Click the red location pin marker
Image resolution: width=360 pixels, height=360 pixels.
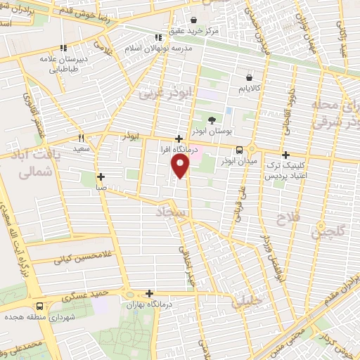[x=181, y=166]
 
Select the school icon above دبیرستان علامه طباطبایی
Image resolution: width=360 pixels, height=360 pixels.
[x=63, y=49]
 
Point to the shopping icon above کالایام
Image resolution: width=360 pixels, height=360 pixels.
[x=249, y=77]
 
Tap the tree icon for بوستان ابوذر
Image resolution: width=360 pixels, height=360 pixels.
[x=212, y=120]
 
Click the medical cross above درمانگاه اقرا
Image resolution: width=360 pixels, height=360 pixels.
[x=180, y=139]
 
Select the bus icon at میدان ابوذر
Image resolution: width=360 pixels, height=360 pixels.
[x=240, y=150]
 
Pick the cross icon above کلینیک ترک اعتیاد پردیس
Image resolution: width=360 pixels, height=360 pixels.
[x=285, y=155]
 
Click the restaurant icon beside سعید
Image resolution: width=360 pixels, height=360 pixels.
[x=82, y=138]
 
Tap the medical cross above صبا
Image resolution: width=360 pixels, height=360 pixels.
[x=101, y=176]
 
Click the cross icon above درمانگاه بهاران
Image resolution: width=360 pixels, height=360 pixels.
[x=149, y=294]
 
